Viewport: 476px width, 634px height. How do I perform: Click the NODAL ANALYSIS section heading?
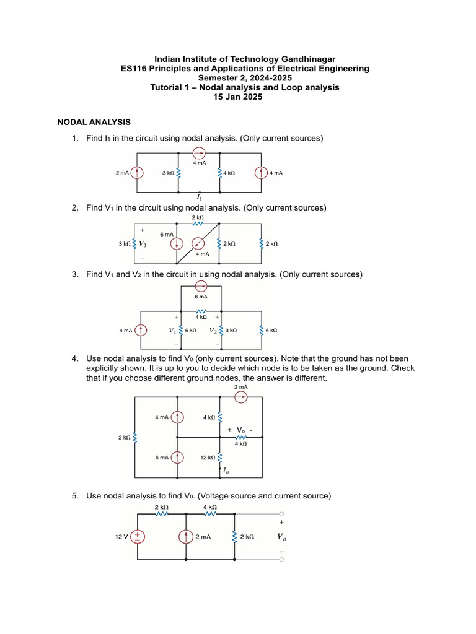point(94,123)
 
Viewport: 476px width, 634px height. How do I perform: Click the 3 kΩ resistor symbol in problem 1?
point(178,173)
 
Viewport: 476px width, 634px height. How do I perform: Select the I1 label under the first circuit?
point(199,197)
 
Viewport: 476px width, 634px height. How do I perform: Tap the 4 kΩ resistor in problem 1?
point(219,173)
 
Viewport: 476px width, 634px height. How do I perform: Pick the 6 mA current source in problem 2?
point(178,244)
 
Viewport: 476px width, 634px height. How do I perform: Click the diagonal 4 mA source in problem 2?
point(198,243)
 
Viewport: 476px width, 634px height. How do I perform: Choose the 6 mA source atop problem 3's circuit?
point(200,286)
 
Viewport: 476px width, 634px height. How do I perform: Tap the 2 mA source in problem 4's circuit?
point(241,398)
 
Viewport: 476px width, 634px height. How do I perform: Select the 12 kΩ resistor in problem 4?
point(220,458)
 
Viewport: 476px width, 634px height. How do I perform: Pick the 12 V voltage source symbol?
point(136,537)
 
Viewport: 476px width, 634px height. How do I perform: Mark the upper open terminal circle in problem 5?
point(283,513)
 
